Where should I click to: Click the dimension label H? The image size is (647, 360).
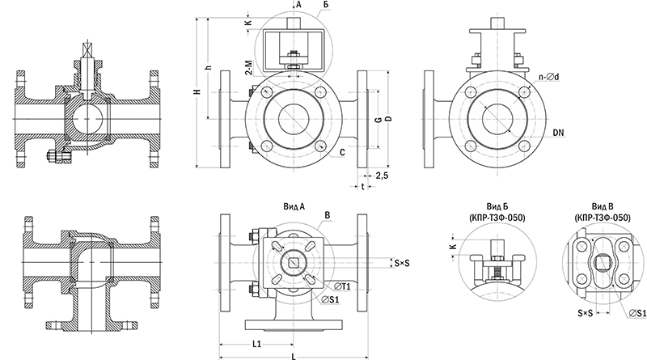point(197,93)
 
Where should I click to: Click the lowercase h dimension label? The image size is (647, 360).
point(209,68)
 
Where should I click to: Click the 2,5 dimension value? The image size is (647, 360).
point(382,175)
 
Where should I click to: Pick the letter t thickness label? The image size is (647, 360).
point(362,184)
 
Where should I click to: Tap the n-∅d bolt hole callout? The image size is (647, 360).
point(547,78)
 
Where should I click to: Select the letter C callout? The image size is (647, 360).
point(344,151)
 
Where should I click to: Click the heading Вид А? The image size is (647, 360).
point(294,205)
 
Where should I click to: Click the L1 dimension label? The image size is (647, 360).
point(256,343)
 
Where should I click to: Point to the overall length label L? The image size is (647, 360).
point(293,355)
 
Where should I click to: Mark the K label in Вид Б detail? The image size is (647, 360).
point(452,244)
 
